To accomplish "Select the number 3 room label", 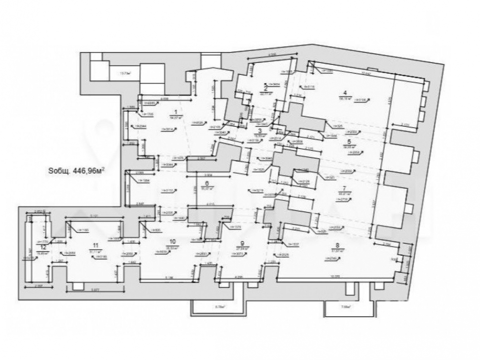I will tap(260, 131).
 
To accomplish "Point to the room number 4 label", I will tap(344, 93).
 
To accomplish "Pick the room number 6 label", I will tap(207, 183).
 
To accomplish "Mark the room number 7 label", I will tap(344, 188).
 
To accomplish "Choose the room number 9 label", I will tap(242, 243).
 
